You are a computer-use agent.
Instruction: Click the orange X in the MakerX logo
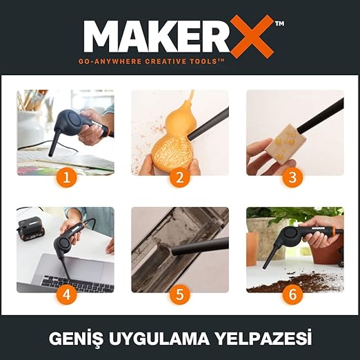point(252,37)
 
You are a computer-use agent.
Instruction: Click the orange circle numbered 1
point(66,177)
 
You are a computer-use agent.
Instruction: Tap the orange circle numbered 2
point(180,177)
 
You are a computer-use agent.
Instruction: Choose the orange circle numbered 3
point(292,177)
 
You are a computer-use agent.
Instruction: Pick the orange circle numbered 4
point(66,294)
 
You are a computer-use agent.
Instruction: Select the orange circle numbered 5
point(180,294)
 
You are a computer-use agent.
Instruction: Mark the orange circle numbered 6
point(292,294)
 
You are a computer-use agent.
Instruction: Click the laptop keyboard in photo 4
point(77,284)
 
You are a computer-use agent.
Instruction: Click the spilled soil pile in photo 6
point(297,281)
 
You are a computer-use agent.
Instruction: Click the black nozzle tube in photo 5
point(200,247)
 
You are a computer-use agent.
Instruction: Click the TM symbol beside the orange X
point(279,23)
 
